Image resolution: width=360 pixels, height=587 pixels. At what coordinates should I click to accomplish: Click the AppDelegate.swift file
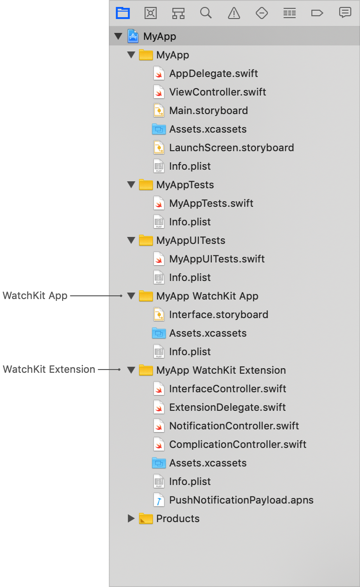(213, 74)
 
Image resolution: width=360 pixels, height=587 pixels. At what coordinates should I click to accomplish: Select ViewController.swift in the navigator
(217, 92)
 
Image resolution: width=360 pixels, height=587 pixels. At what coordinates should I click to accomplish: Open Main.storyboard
(208, 111)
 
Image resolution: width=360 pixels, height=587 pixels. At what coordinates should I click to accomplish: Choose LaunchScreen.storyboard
(231, 148)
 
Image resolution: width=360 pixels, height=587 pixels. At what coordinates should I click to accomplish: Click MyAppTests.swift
(211, 204)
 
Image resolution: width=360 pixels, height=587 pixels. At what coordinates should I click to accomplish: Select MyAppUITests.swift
(217, 259)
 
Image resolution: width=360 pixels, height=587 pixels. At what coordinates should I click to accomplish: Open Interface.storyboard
(218, 315)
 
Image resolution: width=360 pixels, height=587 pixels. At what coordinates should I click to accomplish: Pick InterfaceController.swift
(227, 389)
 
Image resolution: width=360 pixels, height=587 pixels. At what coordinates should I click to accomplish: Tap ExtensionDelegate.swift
(227, 408)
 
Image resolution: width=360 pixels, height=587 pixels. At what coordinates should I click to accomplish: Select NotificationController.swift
(234, 426)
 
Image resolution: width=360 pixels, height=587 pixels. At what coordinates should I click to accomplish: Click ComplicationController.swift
(238, 445)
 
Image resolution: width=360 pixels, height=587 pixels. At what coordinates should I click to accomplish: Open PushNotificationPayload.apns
(241, 500)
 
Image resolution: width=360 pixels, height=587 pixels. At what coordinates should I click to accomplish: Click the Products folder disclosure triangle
(131, 518)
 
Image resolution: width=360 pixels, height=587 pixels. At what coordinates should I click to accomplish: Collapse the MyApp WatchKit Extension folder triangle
(131, 370)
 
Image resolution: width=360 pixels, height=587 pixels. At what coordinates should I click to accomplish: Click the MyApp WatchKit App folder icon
(146, 296)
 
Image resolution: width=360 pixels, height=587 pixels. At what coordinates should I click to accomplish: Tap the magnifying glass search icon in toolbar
(206, 13)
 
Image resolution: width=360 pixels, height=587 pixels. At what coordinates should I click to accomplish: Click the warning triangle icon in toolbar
(234, 13)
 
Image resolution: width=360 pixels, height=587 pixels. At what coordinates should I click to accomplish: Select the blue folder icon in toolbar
(123, 13)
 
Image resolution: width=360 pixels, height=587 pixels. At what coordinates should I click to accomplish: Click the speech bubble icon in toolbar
(345, 13)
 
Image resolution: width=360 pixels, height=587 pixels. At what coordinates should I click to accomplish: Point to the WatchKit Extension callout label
(49, 370)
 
